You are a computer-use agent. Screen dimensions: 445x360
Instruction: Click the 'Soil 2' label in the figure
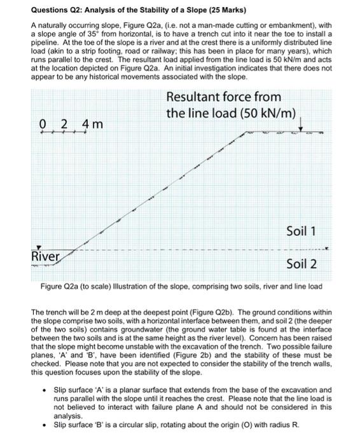point(301,264)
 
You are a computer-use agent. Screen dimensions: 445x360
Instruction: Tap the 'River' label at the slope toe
point(46,256)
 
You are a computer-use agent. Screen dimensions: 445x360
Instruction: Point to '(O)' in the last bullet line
point(258,425)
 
